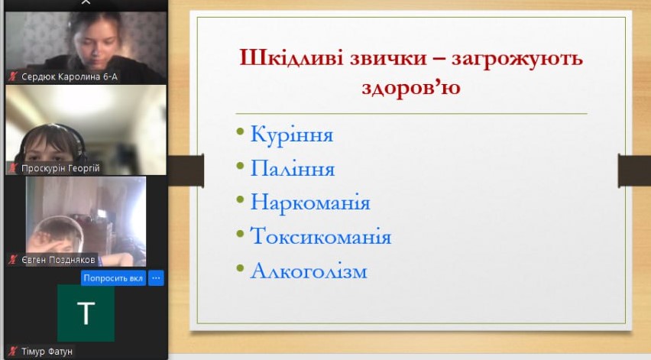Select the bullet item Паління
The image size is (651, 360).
pos(293,169)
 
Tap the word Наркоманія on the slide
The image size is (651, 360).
pos(309,203)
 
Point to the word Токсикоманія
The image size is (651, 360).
pos(320,236)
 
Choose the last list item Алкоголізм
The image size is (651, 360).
pos(309,271)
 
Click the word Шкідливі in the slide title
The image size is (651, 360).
pos(291,57)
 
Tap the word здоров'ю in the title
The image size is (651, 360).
pos(411,87)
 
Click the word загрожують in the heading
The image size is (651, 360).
pos(517,59)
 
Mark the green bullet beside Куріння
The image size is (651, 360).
pos(240,132)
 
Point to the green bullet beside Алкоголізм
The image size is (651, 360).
pos(240,268)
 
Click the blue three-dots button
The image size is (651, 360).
pos(156,277)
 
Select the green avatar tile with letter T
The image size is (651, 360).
pos(86,313)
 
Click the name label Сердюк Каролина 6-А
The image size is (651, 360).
pos(70,77)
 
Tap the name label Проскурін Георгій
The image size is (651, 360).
pos(60,168)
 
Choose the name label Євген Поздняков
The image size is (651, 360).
pos(58,260)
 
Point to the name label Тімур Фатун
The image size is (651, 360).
pos(47,352)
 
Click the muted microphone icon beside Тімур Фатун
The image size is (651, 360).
pos(13,352)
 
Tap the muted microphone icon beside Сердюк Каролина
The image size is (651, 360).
pos(13,76)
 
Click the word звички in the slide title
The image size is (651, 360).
pos(388,58)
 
